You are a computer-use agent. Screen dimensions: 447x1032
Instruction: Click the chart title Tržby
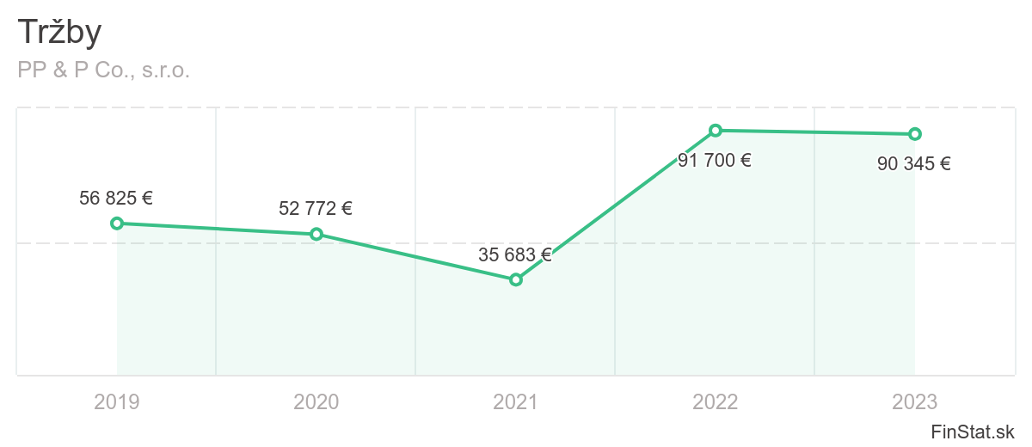click(x=59, y=33)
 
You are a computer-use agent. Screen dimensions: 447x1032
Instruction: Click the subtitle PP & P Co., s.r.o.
click(x=103, y=70)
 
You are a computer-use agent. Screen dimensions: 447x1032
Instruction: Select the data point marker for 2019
click(x=117, y=223)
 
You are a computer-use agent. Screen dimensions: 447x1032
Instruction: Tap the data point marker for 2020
click(x=316, y=234)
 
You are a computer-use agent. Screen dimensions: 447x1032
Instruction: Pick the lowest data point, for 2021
click(x=516, y=279)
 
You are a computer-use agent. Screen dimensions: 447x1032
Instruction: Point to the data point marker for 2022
click(x=716, y=131)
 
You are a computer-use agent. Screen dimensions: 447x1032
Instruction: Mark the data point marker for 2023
click(x=915, y=134)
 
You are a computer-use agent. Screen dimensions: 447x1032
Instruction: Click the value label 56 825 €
click(x=116, y=198)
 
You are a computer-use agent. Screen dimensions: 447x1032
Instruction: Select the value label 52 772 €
click(x=316, y=208)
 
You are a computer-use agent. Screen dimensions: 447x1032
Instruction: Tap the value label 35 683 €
click(x=515, y=254)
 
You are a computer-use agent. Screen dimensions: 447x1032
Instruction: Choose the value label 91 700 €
click(x=715, y=160)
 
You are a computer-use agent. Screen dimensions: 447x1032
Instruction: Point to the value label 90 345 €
click(x=914, y=163)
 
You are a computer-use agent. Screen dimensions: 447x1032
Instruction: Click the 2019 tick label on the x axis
click(x=117, y=401)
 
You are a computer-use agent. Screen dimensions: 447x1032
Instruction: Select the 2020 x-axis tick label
click(x=316, y=401)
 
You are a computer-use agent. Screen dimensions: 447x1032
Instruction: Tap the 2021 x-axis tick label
click(x=516, y=401)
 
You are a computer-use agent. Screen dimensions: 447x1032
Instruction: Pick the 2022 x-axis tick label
click(x=716, y=401)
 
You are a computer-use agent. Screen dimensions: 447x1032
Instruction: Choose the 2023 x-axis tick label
click(x=915, y=401)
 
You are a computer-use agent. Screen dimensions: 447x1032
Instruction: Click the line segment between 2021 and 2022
click(x=616, y=205)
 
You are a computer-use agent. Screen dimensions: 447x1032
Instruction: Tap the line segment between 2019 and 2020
click(x=217, y=229)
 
